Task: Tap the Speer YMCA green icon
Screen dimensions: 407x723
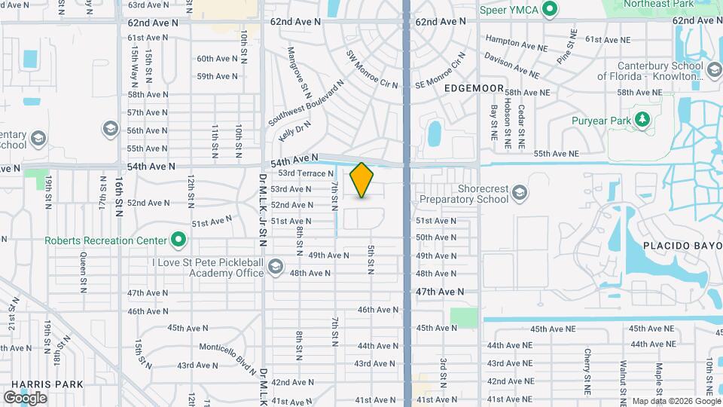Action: pos(550,10)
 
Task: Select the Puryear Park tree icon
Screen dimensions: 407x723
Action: pos(642,119)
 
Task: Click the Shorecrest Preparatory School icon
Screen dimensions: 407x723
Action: pos(520,194)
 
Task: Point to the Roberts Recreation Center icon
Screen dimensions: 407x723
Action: pos(178,240)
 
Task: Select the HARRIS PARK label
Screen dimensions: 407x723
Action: pos(42,384)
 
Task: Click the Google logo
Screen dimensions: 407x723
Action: pos(24,397)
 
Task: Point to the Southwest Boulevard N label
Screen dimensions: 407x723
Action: pos(307,100)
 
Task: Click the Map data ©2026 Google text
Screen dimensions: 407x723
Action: pos(675,400)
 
